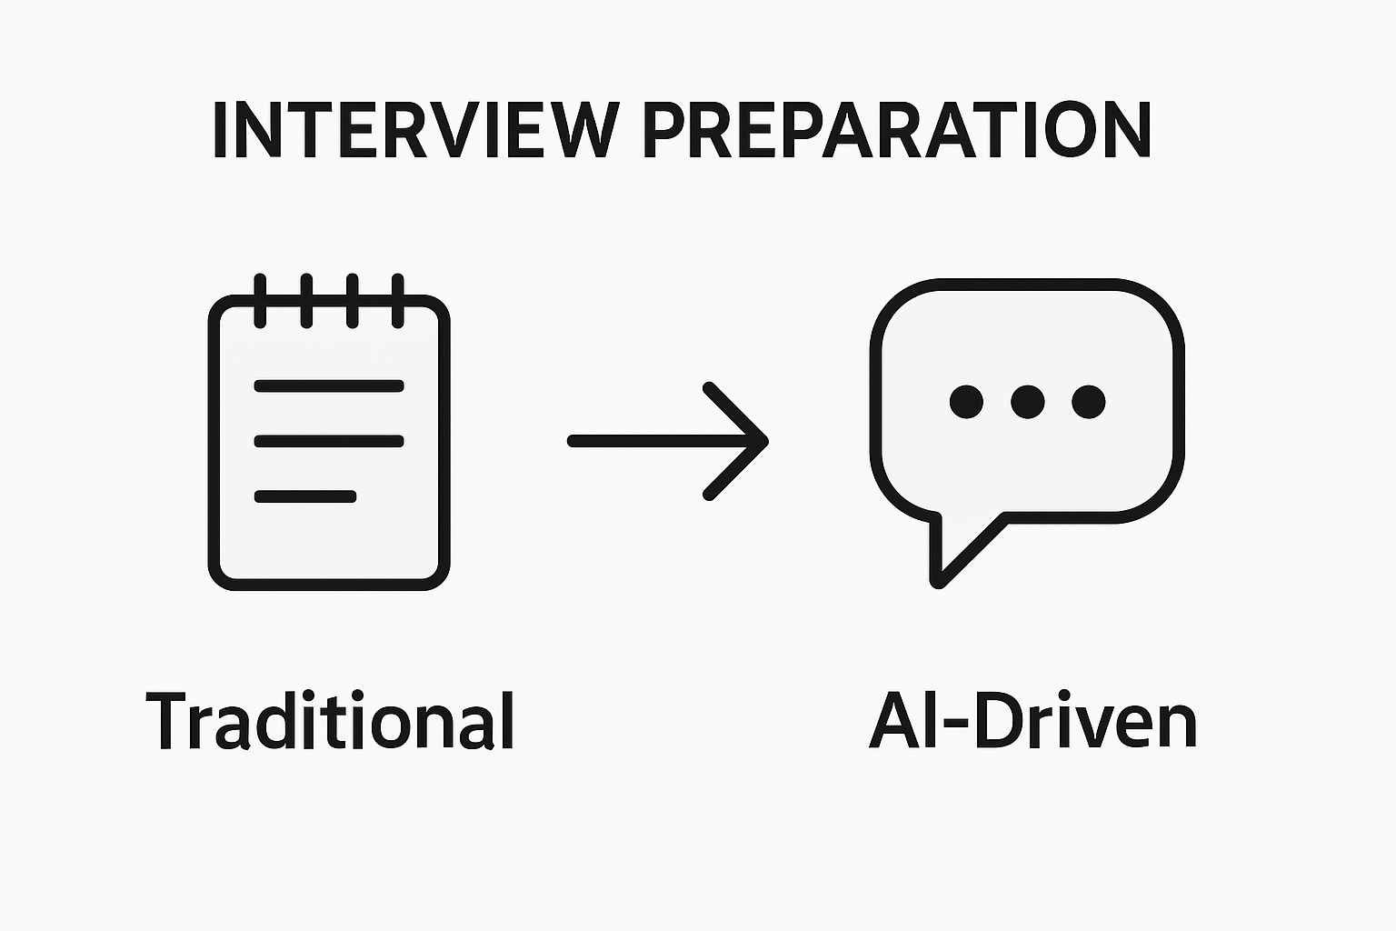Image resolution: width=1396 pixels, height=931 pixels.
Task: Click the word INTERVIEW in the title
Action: point(414,129)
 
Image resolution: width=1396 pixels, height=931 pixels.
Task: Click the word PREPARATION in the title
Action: point(897,129)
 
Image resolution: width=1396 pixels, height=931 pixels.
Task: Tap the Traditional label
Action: point(331,720)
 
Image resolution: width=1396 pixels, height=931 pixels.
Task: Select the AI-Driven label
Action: point(1032,720)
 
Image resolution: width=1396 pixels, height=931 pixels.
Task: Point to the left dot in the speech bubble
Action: point(966,401)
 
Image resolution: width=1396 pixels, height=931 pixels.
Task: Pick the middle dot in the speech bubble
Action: point(1027,401)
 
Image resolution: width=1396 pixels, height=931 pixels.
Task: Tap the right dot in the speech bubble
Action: point(1088,401)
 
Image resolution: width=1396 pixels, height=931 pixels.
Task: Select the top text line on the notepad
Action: point(329,386)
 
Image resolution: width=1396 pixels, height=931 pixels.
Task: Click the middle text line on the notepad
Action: point(329,442)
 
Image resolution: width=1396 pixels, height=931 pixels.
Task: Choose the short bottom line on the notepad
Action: point(305,496)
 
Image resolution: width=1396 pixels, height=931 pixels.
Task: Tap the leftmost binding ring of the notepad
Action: point(261,300)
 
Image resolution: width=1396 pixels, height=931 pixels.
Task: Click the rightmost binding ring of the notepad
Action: point(397,300)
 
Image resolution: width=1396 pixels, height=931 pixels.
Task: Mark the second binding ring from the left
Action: point(306,300)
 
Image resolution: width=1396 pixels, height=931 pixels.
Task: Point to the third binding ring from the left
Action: point(352,300)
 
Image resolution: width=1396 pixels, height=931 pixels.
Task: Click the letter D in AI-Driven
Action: point(998,720)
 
